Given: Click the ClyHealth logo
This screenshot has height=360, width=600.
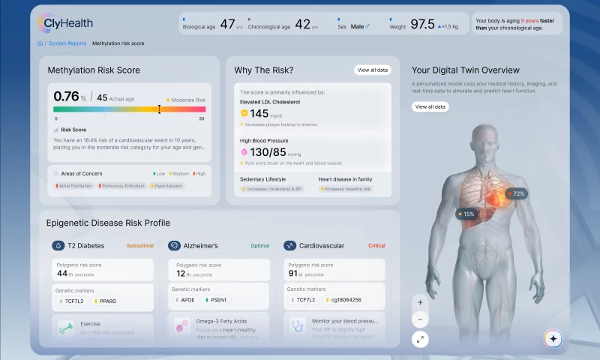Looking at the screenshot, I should click(65, 24).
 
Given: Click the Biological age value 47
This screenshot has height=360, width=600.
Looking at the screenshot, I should click(227, 25).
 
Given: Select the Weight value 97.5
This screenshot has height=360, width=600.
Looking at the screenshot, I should click(421, 25).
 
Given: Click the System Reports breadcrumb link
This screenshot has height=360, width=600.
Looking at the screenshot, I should click(67, 43).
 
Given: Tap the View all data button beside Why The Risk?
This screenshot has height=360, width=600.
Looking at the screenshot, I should click(373, 70).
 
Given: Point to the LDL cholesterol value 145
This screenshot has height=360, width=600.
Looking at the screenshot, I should click(259, 113).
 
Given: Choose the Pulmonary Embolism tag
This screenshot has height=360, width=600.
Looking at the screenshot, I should click(123, 185).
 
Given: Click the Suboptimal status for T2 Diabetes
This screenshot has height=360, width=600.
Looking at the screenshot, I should click(139, 245).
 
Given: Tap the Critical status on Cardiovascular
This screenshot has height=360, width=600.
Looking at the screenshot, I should click(376, 245).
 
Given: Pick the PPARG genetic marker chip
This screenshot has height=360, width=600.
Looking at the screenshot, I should click(106, 301).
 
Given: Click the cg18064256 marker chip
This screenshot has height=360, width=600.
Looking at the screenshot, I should click(346, 301).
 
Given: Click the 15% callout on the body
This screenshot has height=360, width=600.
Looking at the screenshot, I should click(466, 214).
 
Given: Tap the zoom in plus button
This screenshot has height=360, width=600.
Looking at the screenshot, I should click(420, 302).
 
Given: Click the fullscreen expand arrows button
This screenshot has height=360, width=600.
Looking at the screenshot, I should click(420, 339).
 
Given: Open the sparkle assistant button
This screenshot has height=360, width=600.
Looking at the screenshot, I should click(553, 339).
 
